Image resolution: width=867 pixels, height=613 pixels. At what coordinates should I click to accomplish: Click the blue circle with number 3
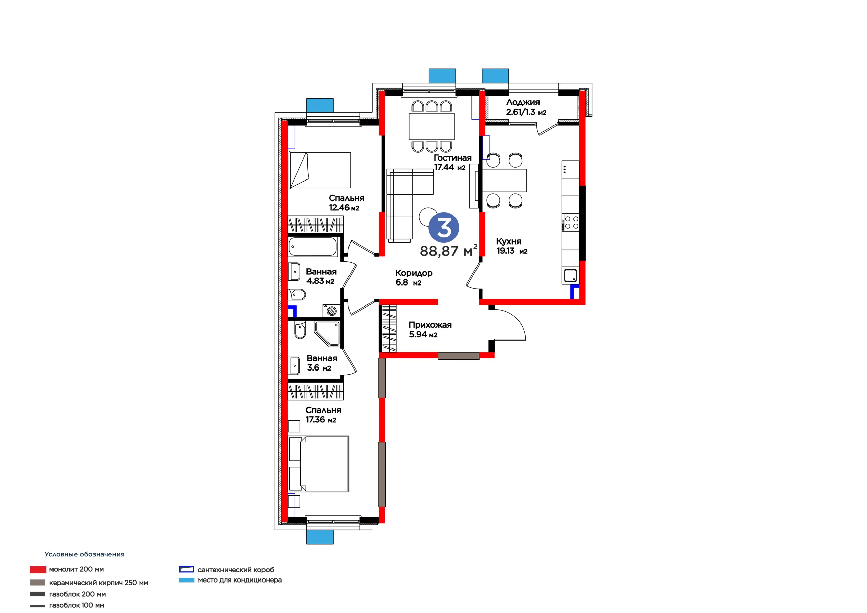tap(444, 227)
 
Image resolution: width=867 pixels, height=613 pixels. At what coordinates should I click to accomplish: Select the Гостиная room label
tap(452, 158)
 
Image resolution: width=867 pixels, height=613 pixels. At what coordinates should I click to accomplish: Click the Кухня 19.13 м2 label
tap(512, 246)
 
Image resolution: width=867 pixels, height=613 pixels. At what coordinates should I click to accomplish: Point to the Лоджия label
tap(523, 102)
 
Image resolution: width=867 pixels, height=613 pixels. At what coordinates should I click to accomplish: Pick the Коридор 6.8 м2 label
tap(414, 278)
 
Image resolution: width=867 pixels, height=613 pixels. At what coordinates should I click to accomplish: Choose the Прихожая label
tap(430, 325)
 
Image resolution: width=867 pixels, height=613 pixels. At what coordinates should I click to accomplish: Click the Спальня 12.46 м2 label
tap(346, 203)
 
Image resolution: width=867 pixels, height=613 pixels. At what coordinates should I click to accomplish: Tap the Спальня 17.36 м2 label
tap(323, 415)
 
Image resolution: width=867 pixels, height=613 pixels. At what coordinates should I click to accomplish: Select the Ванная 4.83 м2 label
tap(321, 276)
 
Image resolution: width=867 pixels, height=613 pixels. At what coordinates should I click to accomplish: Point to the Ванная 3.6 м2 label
tap(322, 363)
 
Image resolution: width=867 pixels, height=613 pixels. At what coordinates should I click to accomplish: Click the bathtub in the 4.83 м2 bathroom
tap(313, 247)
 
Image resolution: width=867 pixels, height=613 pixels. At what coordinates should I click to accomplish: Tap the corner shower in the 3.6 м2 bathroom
tap(327, 334)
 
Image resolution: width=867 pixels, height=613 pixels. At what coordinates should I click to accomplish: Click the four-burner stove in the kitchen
tap(571, 223)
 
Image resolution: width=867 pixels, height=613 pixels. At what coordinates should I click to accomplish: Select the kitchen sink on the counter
tap(570, 275)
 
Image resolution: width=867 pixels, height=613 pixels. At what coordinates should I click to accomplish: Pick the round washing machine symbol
tap(332, 311)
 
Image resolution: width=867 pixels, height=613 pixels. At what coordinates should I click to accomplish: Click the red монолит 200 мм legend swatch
tap(38, 569)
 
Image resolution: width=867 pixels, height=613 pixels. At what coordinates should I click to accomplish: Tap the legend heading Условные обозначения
tap(85, 554)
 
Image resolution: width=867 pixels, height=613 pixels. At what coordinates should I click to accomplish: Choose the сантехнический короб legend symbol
tap(187, 569)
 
